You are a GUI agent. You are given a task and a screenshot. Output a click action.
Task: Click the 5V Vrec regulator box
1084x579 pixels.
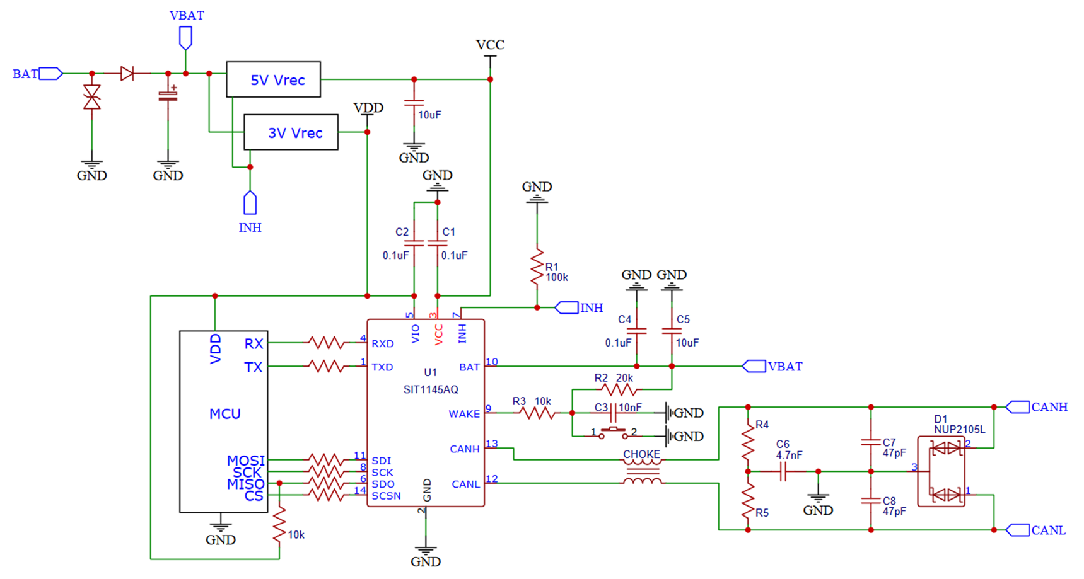point(273,79)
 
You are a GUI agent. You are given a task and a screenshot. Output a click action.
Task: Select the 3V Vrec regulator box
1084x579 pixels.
point(291,132)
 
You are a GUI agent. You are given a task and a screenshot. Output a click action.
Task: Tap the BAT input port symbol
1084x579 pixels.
point(50,74)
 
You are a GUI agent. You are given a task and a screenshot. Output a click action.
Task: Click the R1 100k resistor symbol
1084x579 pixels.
point(537,267)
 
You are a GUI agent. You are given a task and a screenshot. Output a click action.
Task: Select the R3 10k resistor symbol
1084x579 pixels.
point(537,413)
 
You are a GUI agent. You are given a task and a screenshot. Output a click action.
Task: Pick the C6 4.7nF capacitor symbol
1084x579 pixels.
point(783,471)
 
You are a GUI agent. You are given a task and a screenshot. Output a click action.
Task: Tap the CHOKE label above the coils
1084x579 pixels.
point(641,454)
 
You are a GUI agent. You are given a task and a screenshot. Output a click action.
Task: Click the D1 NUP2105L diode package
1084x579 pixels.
point(941,471)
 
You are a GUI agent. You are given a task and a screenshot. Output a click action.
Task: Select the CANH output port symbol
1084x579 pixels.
point(1017,407)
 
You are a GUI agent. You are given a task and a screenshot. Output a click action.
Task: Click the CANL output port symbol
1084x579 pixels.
point(1017,530)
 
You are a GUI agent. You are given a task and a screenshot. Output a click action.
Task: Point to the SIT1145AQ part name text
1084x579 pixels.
point(431,390)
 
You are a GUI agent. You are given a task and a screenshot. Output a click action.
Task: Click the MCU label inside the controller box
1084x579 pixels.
point(225,414)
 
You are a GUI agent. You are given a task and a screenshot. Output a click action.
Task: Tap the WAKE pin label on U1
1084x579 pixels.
point(464,414)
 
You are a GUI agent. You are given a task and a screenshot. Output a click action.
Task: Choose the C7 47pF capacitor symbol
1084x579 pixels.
point(871,442)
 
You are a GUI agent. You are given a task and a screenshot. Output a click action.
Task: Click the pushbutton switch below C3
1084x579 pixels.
point(613,433)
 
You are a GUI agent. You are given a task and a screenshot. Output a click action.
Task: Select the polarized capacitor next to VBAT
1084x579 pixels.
point(168,96)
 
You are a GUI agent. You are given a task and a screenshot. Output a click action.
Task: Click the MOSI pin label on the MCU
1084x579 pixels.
point(246,461)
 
